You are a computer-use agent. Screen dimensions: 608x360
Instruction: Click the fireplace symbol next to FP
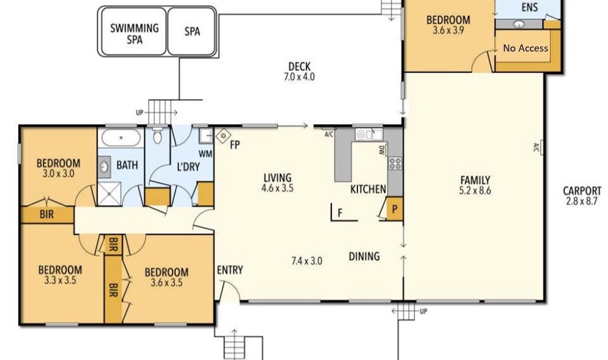[x=223, y=135]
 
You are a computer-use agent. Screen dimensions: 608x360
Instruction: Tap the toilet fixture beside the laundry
[x=157, y=135]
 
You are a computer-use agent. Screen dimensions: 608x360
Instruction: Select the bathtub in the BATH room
[x=121, y=138]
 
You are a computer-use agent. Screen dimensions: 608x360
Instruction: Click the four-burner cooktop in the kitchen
[x=395, y=163]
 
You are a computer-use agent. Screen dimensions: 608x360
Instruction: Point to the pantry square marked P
[x=394, y=209]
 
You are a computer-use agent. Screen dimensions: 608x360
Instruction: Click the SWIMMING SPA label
[x=134, y=34]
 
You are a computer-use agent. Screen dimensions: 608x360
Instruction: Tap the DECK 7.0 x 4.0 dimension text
[x=299, y=77]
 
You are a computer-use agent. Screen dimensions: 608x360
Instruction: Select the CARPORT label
[x=582, y=191]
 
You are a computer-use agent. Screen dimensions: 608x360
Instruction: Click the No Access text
[x=525, y=48]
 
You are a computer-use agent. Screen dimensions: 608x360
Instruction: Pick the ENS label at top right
[x=529, y=7]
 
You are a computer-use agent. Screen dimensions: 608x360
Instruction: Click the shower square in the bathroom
[x=109, y=193]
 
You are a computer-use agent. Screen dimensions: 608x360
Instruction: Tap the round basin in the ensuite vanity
[x=519, y=24]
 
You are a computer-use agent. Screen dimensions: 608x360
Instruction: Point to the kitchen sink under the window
[x=369, y=134]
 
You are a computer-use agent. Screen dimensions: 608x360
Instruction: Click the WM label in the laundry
[x=206, y=154]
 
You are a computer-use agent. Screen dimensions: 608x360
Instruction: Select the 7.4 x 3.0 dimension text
[x=307, y=261]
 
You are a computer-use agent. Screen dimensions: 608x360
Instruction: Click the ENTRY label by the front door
[x=230, y=270]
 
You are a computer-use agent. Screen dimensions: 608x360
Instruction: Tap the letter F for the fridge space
[x=340, y=213]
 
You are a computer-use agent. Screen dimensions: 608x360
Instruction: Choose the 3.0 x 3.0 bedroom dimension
[x=59, y=173]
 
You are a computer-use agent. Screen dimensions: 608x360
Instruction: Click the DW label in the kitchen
[x=382, y=150]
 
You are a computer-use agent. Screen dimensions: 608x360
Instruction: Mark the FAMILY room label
[x=475, y=180]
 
